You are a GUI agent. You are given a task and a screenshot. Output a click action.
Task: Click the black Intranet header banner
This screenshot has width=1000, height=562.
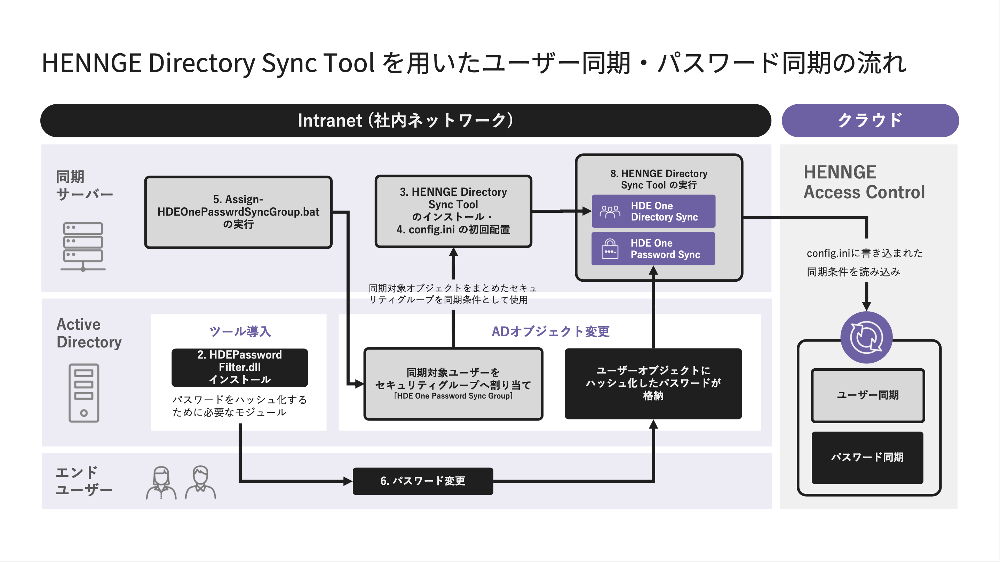pyautogui.click(x=405, y=120)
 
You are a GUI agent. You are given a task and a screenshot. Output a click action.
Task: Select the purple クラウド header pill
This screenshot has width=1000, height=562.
pyautogui.click(x=870, y=120)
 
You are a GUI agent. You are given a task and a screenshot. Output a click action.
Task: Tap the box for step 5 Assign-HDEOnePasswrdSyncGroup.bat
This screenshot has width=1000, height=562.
pyautogui.click(x=238, y=212)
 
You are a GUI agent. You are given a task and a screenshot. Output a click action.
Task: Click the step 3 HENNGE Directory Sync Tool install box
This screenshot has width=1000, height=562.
pyautogui.click(x=453, y=211)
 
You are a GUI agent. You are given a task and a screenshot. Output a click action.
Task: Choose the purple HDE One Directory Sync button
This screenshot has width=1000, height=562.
pyautogui.click(x=653, y=211)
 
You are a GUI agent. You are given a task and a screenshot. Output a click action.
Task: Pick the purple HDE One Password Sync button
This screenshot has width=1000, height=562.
pyautogui.click(x=653, y=248)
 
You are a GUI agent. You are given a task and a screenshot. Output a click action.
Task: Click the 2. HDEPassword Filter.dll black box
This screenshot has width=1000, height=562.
pyautogui.click(x=239, y=367)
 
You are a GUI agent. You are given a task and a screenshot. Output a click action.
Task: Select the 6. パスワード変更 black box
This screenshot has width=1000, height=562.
pyautogui.click(x=422, y=481)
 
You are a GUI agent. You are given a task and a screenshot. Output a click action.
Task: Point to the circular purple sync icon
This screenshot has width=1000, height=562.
pyautogui.click(x=866, y=337)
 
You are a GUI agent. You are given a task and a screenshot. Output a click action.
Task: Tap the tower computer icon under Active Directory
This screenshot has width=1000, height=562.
pyautogui.click(x=84, y=393)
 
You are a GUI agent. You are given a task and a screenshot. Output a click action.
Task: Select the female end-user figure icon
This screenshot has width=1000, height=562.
pyautogui.click(x=161, y=482)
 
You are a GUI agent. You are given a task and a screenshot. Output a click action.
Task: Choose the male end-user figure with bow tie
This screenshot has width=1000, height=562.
pyautogui.click(x=200, y=482)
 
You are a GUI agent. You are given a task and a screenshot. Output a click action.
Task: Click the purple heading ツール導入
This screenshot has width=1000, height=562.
pyautogui.click(x=240, y=331)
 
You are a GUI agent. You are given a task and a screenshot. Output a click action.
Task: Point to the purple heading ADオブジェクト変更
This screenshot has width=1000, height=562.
pyautogui.click(x=550, y=331)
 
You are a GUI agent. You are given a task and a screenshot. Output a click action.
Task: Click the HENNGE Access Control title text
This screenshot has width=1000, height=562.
pyautogui.click(x=864, y=182)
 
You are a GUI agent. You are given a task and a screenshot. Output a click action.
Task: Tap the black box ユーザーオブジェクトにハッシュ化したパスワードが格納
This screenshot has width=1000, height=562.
pyautogui.click(x=653, y=383)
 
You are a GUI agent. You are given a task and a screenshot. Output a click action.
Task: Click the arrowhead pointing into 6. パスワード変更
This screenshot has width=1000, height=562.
pyautogui.click(x=348, y=481)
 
